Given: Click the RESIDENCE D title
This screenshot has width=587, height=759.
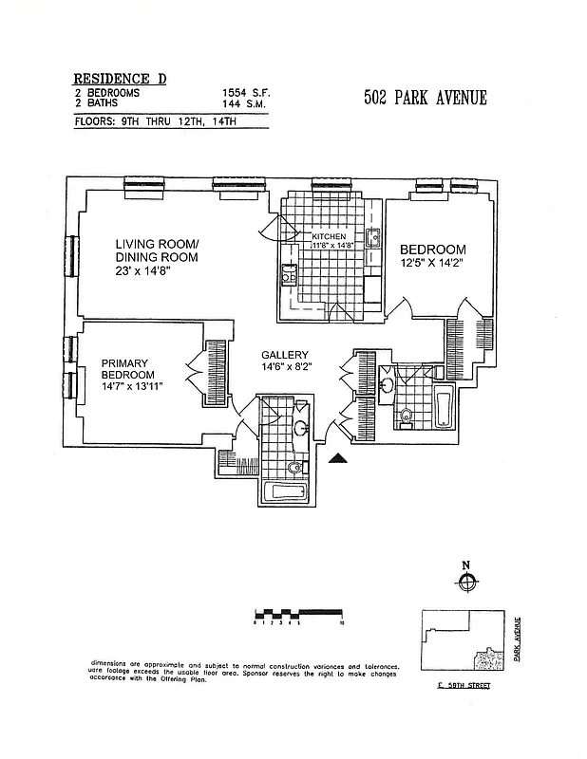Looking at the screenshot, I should click(x=120, y=79).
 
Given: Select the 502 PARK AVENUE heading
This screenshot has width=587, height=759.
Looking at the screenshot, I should click(x=426, y=98).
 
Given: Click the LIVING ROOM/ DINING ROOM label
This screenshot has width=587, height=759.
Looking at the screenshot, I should click(x=157, y=250).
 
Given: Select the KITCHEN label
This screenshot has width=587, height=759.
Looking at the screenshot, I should click(x=331, y=235).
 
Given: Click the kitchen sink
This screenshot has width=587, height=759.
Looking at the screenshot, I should click(x=374, y=238).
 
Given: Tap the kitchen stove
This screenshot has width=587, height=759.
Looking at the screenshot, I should click(x=287, y=276).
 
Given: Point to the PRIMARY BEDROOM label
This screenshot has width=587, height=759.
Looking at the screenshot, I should click(x=128, y=368).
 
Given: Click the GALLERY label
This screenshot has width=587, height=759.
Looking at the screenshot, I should click(x=286, y=355).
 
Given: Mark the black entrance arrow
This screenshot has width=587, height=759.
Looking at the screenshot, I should click(x=338, y=459).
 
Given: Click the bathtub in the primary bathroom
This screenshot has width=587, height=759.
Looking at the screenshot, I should click(x=286, y=492).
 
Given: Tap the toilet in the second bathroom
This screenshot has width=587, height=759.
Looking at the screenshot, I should click(x=407, y=414).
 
